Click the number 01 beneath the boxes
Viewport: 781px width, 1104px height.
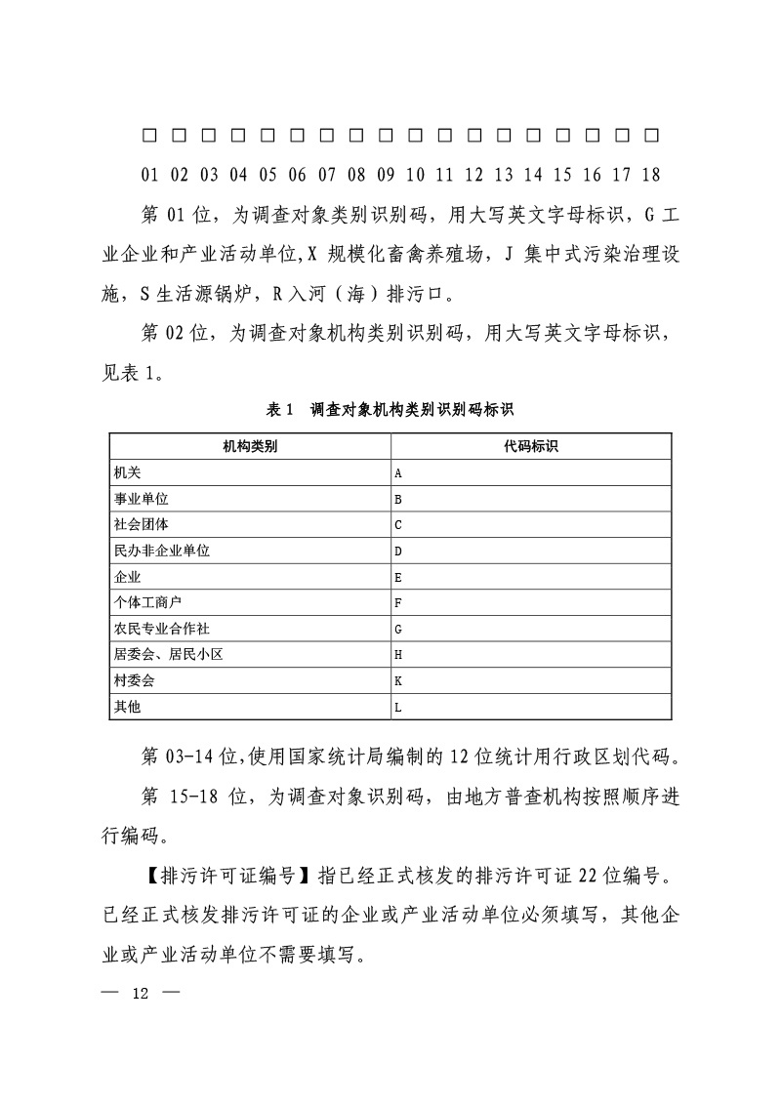(x=149, y=176)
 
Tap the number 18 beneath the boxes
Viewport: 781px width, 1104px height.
(x=651, y=176)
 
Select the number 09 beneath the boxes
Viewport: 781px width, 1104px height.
(x=386, y=176)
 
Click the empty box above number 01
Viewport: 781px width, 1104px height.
(x=149, y=134)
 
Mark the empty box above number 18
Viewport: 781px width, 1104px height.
(x=652, y=134)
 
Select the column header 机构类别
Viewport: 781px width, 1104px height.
(x=249, y=447)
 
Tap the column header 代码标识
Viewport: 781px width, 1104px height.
(x=531, y=447)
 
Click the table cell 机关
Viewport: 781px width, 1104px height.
(x=127, y=472)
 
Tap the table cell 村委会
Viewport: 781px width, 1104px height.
(x=134, y=680)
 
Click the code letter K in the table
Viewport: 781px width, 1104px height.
(x=398, y=680)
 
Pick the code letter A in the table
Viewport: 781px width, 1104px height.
(x=398, y=473)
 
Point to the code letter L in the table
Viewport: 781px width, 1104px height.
(x=398, y=707)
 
